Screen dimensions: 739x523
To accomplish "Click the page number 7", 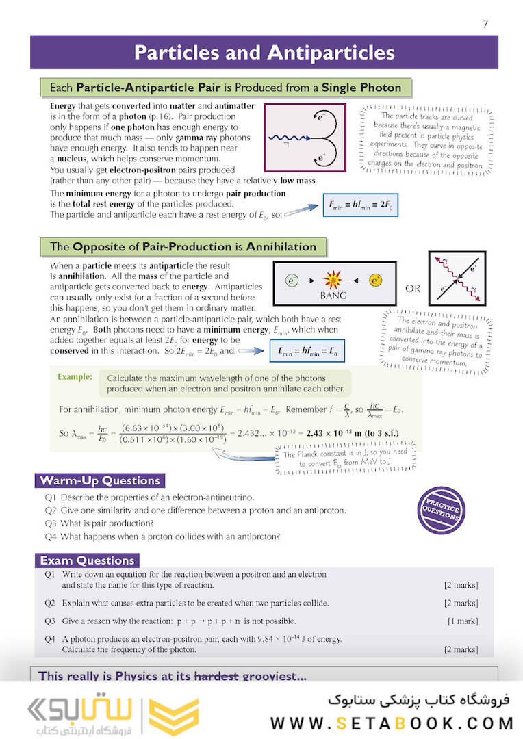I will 485,25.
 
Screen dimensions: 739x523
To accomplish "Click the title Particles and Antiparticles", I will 264,53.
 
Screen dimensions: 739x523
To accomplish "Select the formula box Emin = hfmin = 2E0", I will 361,205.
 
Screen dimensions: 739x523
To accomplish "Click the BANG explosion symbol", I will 333,280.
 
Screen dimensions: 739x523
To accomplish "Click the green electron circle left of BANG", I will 291,281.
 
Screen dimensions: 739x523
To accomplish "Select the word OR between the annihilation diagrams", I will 413,288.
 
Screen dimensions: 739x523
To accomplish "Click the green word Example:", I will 75,376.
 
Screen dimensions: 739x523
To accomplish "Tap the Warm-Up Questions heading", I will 100,480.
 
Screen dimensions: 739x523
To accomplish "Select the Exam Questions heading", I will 87,560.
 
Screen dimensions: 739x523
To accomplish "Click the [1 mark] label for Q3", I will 462,621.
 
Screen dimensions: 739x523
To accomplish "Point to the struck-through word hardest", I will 216,676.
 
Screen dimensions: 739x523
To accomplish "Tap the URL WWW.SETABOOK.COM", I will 392,723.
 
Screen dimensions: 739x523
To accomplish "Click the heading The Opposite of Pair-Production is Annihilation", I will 183,246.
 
